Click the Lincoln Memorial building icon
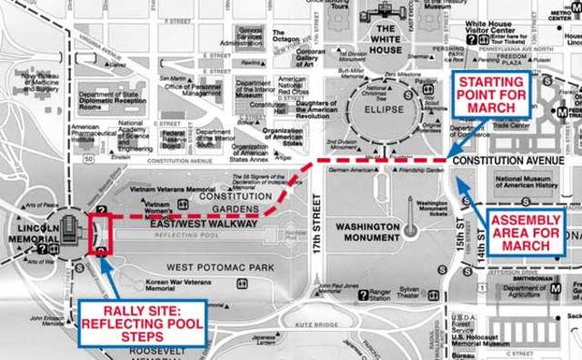[x=67, y=226]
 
